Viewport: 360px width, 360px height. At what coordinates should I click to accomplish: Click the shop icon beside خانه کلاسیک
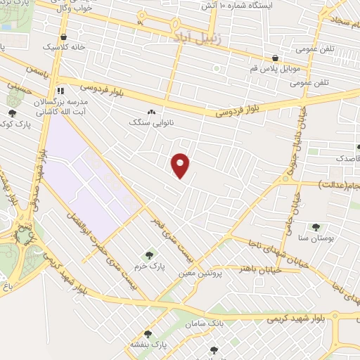coord(64,37)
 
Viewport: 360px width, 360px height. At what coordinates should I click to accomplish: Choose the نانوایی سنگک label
coord(150,122)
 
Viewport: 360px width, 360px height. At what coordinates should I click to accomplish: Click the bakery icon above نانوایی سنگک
coord(150,112)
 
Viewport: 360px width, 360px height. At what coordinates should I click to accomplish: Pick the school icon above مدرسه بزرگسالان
coord(61,91)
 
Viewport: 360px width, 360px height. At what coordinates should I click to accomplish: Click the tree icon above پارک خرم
coord(148,255)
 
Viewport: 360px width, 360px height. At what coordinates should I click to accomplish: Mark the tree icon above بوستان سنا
coord(316,227)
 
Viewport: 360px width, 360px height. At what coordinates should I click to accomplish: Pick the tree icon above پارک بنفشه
coord(148,335)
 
